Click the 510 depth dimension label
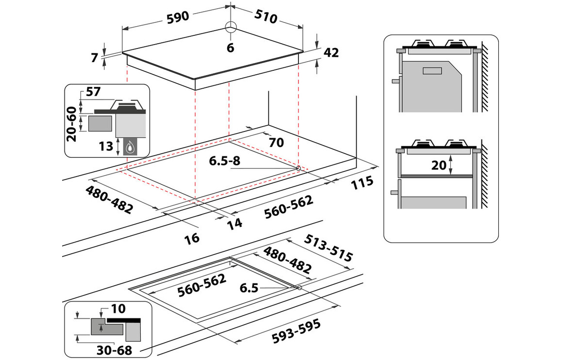point(265,18)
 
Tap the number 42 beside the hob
point(330,53)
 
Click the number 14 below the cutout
point(234,224)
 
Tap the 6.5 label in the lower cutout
point(249,288)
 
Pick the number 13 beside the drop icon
point(106,145)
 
